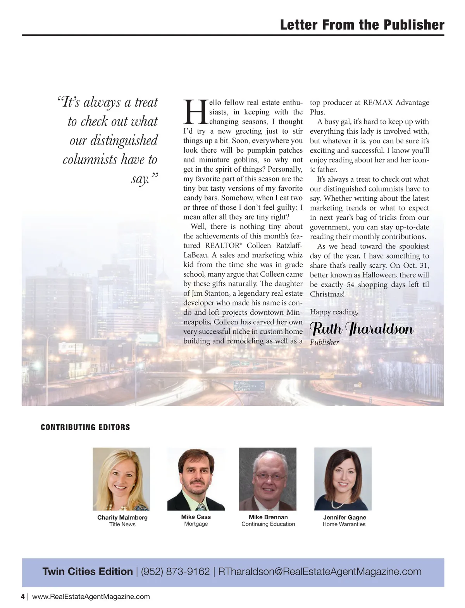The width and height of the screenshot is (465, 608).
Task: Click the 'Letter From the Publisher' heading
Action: click(x=362, y=25)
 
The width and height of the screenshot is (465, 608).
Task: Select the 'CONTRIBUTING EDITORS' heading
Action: click(x=85, y=427)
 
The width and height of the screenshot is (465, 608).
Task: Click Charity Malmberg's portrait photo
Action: click(x=121, y=479)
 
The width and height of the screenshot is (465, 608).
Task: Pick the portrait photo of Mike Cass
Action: click(x=196, y=479)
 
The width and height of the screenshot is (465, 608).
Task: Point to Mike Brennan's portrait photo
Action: click(x=268, y=479)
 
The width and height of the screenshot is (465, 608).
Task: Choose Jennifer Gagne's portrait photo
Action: click(x=343, y=479)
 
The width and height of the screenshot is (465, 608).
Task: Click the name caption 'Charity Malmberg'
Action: click(x=122, y=517)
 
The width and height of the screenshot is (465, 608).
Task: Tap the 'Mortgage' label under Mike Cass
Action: click(x=196, y=524)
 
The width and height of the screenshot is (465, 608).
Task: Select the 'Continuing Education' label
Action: click(x=268, y=524)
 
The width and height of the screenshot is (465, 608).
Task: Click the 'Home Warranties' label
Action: click(x=344, y=524)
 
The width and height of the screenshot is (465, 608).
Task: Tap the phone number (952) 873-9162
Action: click(x=175, y=572)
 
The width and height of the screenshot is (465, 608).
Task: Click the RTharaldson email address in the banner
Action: click(x=320, y=572)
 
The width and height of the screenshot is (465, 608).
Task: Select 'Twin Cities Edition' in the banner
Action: click(x=88, y=572)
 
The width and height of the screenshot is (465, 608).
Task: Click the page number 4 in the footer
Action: click(x=23, y=596)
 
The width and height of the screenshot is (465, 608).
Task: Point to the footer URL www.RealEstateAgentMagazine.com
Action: click(x=91, y=596)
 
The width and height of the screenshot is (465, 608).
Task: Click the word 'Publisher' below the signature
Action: click(x=324, y=342)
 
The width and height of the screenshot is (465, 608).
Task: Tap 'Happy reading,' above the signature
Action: click(x=334, y=312)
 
